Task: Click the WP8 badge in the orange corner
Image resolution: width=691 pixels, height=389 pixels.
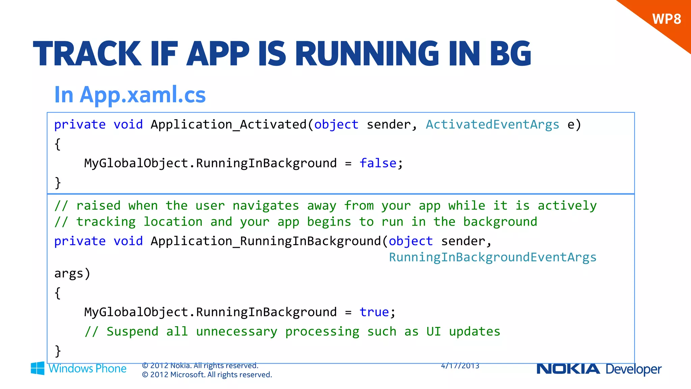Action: [666, 19]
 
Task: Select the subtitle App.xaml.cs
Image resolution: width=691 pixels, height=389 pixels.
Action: [143, 95]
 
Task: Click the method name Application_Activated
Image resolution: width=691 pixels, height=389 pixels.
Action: [229, 125]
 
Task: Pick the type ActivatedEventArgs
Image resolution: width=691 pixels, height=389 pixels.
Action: [492, 125]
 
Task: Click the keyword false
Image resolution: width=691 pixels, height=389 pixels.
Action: [378, 163]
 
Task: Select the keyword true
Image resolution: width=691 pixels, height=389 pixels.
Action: [374, 312]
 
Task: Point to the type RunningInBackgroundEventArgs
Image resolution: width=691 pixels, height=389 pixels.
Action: [493, 257]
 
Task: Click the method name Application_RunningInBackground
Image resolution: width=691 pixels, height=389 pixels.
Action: [266, 241]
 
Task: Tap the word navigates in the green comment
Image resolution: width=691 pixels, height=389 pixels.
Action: [266, 206]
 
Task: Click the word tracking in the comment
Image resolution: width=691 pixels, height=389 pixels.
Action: [106, 222]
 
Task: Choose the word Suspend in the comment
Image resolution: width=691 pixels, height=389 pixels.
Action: [132, 332]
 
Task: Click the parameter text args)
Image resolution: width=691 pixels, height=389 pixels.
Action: [72, 273]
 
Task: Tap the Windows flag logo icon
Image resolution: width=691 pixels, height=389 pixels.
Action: [37, 368]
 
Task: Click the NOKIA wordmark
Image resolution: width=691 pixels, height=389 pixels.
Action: [568, 369]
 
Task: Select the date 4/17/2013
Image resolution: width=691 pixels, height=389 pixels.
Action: [460, 366]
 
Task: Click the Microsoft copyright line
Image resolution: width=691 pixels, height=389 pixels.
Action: [207, 375]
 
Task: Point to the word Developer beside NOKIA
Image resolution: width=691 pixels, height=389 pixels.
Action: [634, 369]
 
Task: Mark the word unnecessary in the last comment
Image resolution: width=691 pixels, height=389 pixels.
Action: [237, 332]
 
